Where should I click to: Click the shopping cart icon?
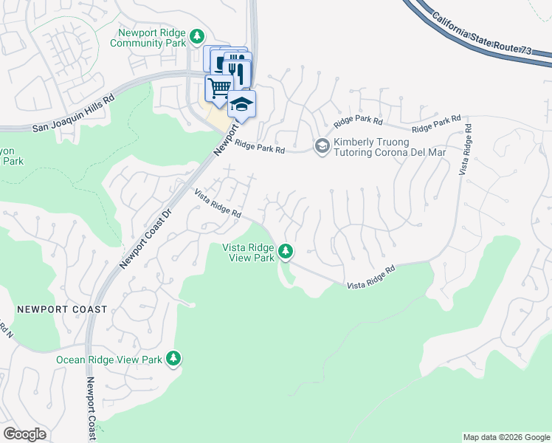219,89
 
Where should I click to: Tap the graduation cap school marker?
241,104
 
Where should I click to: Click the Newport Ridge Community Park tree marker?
197,36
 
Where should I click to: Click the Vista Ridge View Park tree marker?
286,253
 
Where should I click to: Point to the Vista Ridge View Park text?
249,253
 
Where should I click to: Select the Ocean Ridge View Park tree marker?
173,359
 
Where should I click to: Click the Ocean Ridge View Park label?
109,360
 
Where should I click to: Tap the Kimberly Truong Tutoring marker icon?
322,146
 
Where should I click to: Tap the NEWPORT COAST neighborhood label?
62,309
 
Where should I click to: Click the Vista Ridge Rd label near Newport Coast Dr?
218,203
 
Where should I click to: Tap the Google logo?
24,433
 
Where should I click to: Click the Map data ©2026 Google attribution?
506,437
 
